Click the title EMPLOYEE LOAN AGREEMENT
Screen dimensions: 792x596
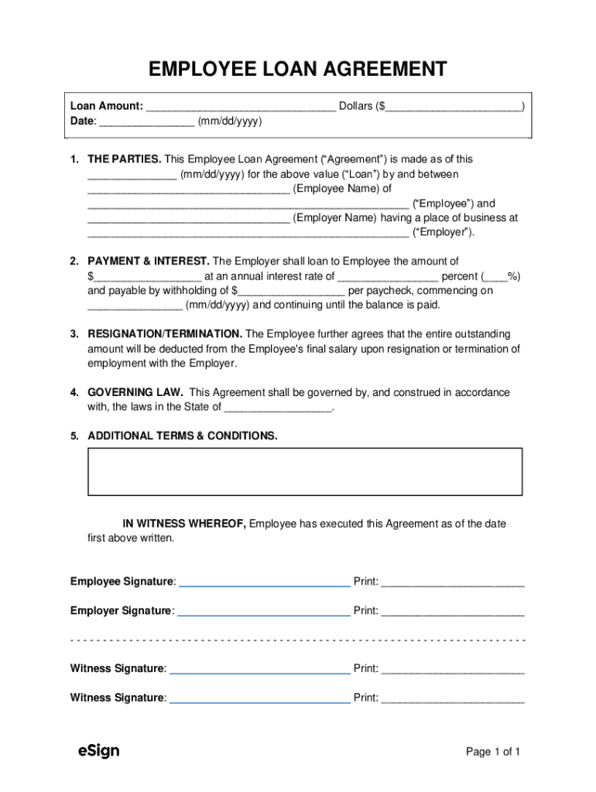[297, 70]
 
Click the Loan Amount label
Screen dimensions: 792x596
[106, 106]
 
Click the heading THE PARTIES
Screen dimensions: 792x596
[124, 159]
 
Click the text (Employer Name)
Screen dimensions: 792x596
[335, 218]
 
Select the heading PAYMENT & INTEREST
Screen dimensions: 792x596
[149, 261]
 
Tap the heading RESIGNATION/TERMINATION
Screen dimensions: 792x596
[165, 334]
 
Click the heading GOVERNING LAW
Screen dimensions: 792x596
[135, 392]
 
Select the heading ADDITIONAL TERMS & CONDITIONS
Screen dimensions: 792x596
[183, 436]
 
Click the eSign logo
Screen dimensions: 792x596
[98, 750]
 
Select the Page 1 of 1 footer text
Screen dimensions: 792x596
[492, 752]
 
